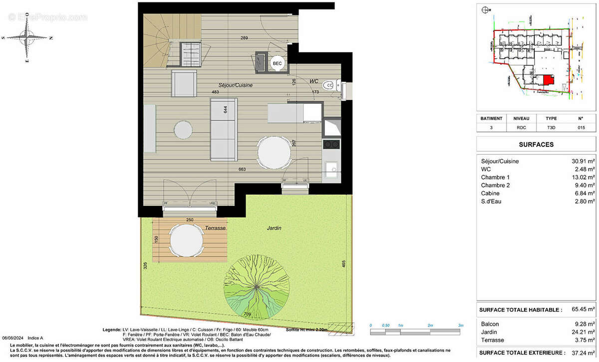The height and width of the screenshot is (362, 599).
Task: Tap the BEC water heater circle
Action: point(277,63)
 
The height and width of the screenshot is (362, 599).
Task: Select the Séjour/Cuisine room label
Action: point(235,85)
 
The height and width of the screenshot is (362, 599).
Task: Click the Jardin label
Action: point(274,228)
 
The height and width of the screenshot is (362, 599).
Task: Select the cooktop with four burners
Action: point(332,144)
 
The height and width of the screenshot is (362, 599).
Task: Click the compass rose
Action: point(27,38)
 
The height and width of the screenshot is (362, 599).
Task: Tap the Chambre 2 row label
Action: point(496,185)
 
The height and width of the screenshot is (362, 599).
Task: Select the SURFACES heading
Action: point(537,144)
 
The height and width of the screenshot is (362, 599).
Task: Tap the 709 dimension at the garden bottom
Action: point(248,315)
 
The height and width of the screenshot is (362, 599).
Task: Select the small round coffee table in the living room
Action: point(183,131)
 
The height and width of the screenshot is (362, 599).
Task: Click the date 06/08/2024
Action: point(13,338)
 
